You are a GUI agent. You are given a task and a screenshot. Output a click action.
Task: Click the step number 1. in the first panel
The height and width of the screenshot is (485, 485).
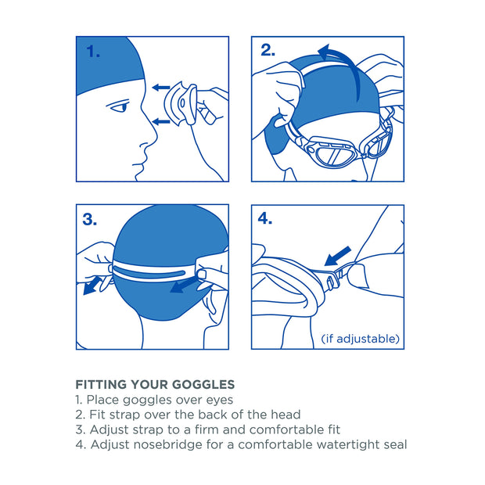(93, 52)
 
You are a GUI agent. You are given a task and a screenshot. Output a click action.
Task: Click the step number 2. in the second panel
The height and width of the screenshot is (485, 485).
(268, 51)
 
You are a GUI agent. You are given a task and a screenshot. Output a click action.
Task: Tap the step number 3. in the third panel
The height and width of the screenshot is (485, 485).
(90, 220)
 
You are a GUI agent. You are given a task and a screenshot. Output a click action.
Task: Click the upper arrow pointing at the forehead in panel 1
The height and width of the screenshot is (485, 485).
(161, 88)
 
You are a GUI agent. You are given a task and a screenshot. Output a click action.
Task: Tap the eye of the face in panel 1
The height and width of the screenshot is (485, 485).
(118, 107)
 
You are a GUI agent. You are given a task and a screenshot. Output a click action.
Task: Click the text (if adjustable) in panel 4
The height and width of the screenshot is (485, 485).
(361, 339)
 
